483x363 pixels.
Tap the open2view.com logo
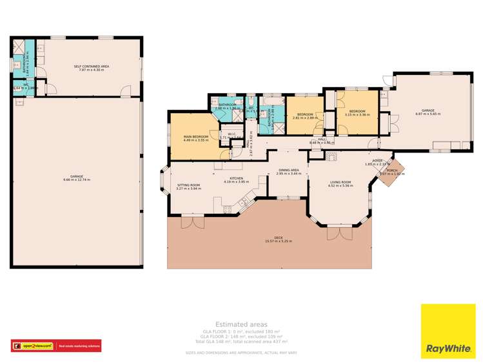(34, 346)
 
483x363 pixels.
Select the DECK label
(278, 237)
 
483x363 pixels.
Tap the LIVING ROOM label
(340, 182)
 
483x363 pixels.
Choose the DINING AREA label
(288, 171)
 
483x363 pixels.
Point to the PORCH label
(391, 171)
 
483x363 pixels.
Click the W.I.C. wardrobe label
(231, 134)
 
